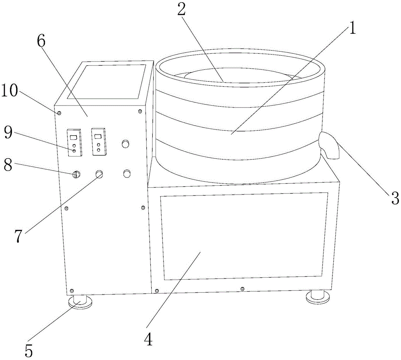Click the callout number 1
coord(352,28)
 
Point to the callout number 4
coord(148,340)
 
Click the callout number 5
coord(29,350)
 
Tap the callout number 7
coord(18,236)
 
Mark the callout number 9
coord(8,132)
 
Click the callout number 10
coord(10,91)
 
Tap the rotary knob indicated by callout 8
coord(76,174)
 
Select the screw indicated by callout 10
coord(59,113)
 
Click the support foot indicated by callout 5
coord(80,302)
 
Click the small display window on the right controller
coord(97,136)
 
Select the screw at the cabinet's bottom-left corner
coord(72,291)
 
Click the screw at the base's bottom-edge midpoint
coord(243,289)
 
